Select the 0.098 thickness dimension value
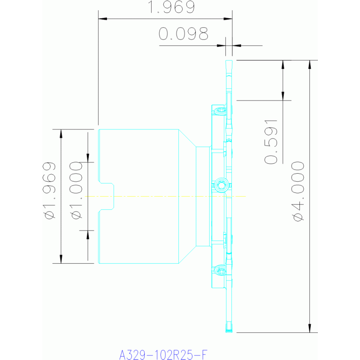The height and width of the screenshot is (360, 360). click(183, 34)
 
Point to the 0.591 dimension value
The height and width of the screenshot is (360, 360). click(271, 142)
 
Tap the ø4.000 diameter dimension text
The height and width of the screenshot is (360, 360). click(298, 191)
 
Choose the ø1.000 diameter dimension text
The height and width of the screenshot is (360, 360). click(76, 191)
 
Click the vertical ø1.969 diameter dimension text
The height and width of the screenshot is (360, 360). click(49, 191)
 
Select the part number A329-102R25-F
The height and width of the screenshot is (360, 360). click(163, 354)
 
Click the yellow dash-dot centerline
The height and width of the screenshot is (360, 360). click(165, 196)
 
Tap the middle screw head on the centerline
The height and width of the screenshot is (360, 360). click(222, 185)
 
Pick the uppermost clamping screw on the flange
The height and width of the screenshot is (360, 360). click(221, 111)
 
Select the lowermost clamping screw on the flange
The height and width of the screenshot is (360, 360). click(221, 270)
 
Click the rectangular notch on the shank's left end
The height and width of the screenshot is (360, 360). click(106, 196)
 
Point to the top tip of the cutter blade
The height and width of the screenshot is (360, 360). click(229, 61)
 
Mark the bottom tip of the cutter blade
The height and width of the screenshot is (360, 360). click(229, 332)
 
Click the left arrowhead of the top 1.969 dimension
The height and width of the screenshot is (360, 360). click(103, 19)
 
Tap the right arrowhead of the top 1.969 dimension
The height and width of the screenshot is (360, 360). click(228, 19)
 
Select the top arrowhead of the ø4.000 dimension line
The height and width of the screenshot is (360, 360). click(309, 64)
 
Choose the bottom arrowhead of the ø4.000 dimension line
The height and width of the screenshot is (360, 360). click(309, 328)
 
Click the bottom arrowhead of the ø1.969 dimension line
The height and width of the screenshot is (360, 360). click(61, 259)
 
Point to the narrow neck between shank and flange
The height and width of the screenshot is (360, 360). click(203, 196)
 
